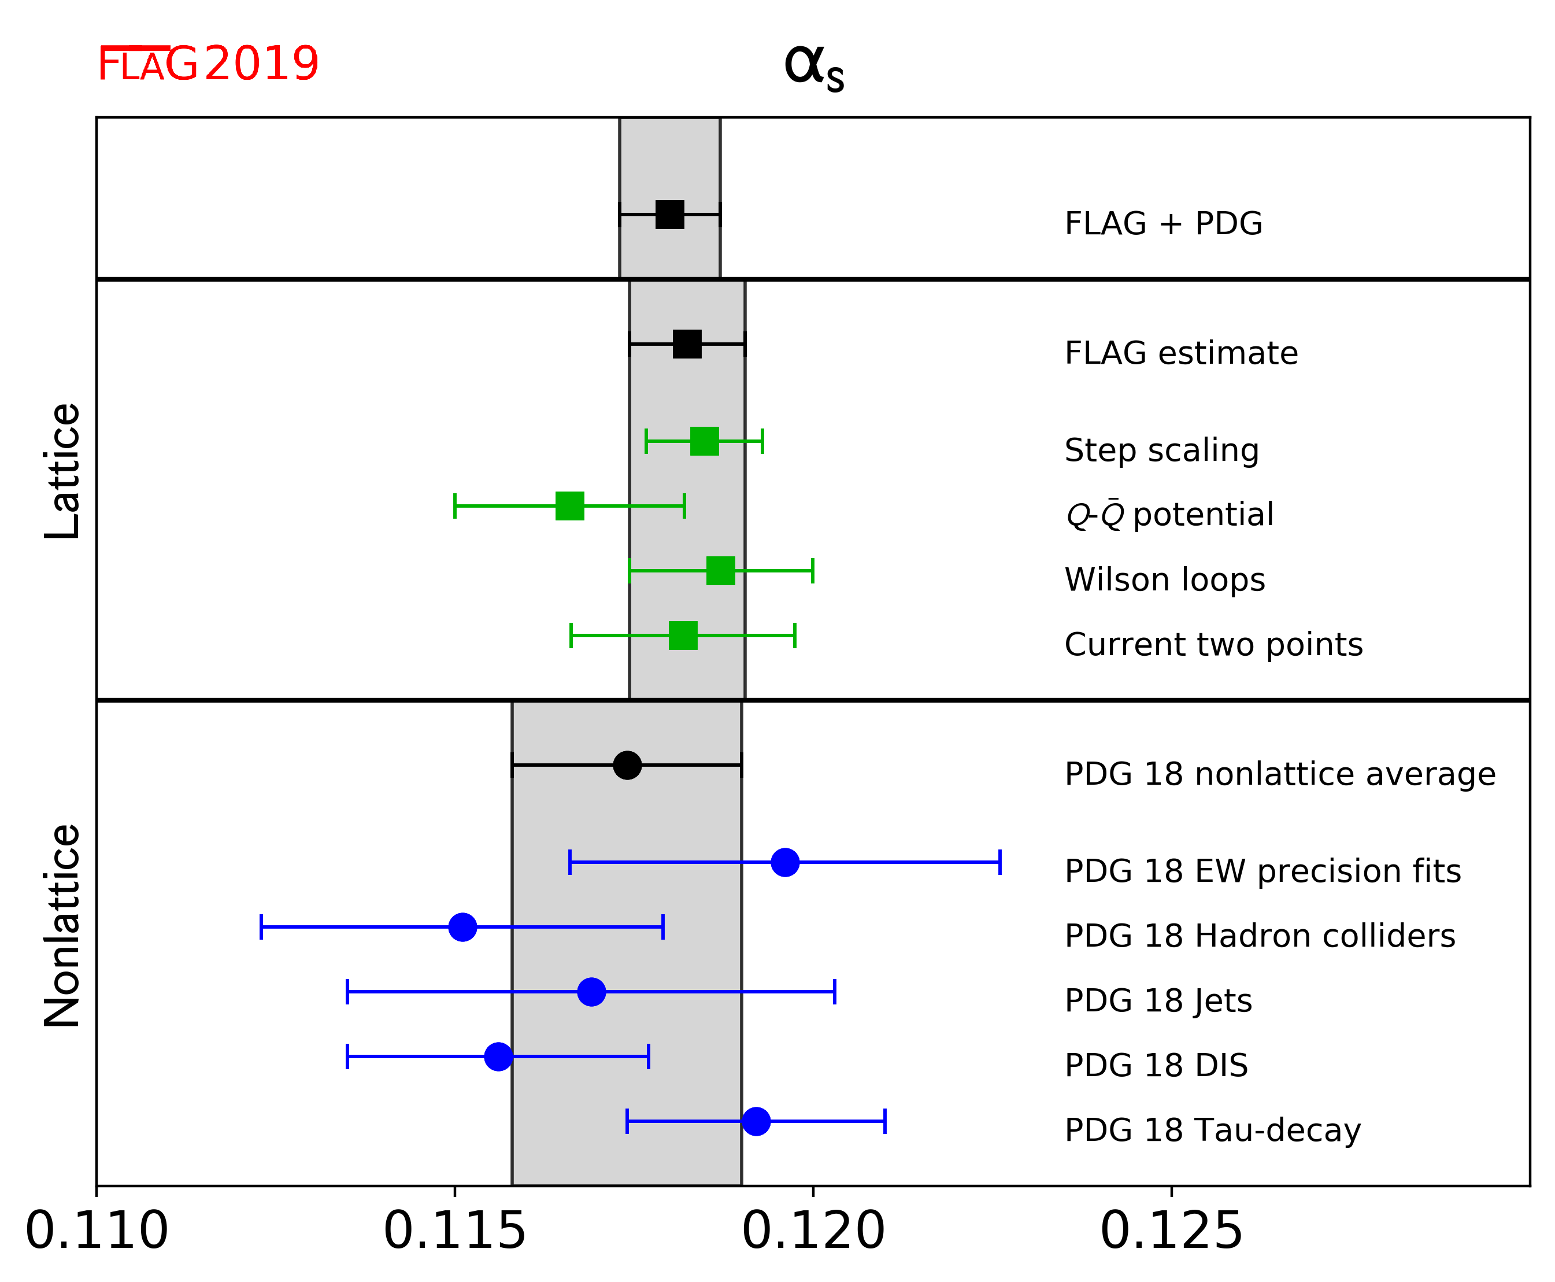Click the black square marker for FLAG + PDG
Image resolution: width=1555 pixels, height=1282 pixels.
(670, 214)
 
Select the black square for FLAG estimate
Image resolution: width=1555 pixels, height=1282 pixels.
(687, 344)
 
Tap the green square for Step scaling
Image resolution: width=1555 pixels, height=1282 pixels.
(705, 441)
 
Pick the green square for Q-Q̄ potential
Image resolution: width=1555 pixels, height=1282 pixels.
(570, 506)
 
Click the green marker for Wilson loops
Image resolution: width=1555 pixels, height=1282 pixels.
(721, 571)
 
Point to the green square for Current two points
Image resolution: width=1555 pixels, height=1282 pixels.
(683, 635)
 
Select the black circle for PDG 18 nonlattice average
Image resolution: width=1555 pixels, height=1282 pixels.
(627, 765)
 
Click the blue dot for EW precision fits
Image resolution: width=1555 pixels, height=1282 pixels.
(785, 862)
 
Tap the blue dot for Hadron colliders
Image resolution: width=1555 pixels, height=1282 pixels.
(463, 927)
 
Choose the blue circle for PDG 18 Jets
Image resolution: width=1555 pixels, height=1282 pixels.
(591, 992)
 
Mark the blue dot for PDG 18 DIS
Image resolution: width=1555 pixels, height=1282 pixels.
(498, 1056)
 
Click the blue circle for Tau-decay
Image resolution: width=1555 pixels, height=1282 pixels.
(756, 1121)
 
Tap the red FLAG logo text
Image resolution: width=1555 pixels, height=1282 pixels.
(147, 64)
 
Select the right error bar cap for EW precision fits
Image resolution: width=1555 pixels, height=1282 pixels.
(999, 862)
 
